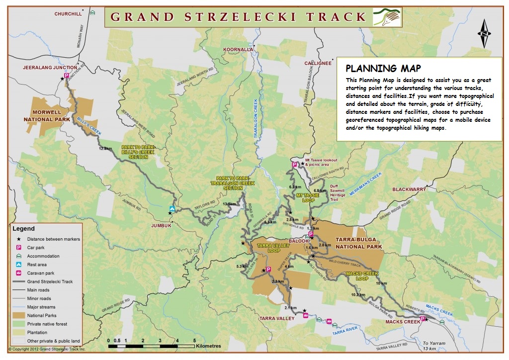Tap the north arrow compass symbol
(484, 34)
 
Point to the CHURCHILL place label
(68, 14)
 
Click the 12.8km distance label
(106, 149)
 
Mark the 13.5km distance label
(229, 204)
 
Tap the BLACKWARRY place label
(409, 189)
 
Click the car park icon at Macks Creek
(423, 319)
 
